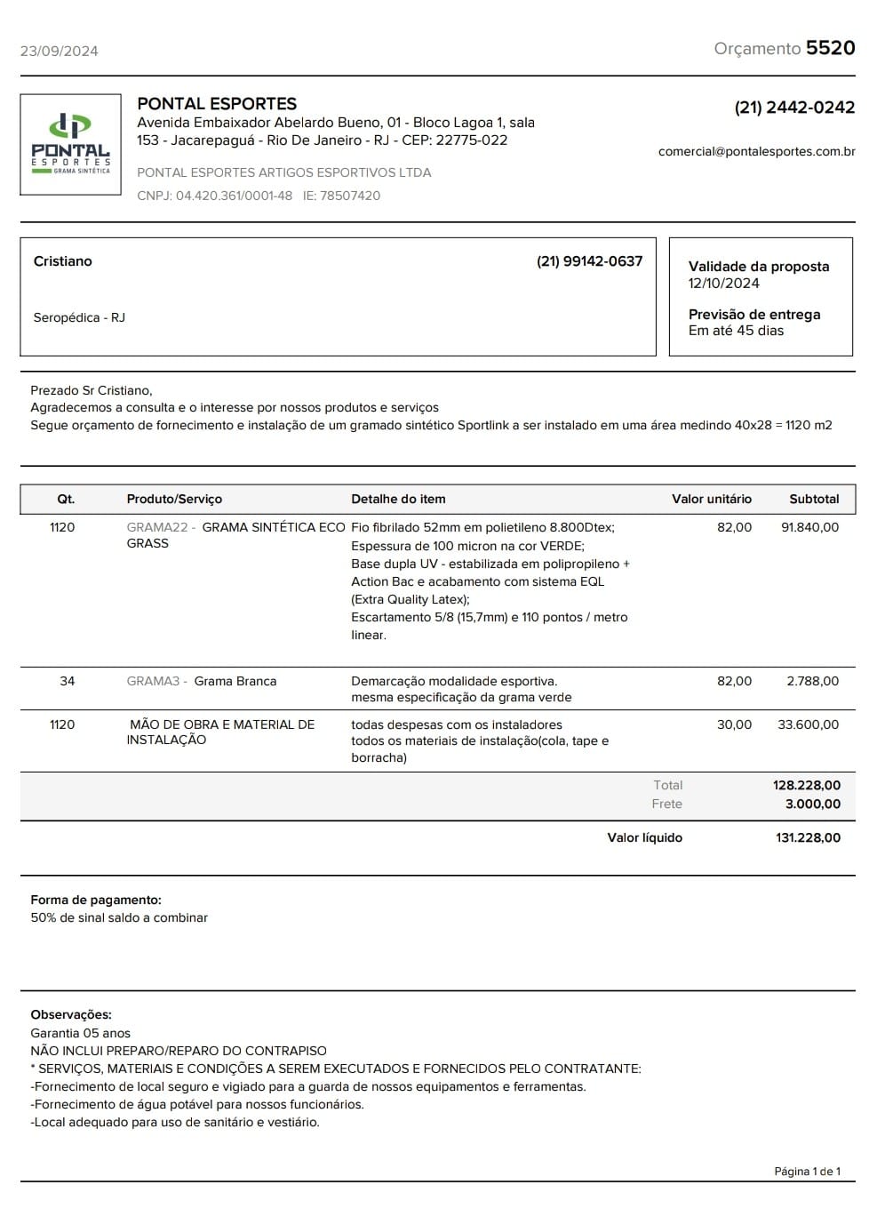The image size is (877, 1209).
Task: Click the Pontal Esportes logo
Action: click(70, 144)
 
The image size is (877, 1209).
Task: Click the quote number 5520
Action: click(830, 48)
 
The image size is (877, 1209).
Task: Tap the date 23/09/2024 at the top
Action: click(59, 51)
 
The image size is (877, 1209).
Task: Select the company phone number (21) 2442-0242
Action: click(793, 108)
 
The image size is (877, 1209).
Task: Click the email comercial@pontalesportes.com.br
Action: click(756, 151)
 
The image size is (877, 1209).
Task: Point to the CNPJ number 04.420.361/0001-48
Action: click(234, 196)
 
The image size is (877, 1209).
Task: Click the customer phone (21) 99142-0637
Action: click(589, 261)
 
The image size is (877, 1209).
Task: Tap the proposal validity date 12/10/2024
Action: click(723, 284)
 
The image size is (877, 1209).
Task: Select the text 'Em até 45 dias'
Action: click(736, 331)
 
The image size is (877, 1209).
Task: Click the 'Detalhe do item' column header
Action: click(398, 500)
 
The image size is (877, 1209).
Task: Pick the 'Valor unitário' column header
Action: click(711, 500)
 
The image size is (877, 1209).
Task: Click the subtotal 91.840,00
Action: click(809, 528)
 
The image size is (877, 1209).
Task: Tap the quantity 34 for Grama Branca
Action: click(68, 682)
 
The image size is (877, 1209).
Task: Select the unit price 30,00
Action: click(734, 725)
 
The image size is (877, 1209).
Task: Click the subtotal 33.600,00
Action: click(808, 725)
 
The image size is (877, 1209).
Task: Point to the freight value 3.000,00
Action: click(812, 805)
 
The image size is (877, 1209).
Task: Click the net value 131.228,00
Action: click(808, 838)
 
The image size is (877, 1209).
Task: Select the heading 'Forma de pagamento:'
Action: click(96, 901)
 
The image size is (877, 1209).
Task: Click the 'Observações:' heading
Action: click(71, 1015)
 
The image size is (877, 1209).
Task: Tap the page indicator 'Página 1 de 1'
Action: click(807, 1172)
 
